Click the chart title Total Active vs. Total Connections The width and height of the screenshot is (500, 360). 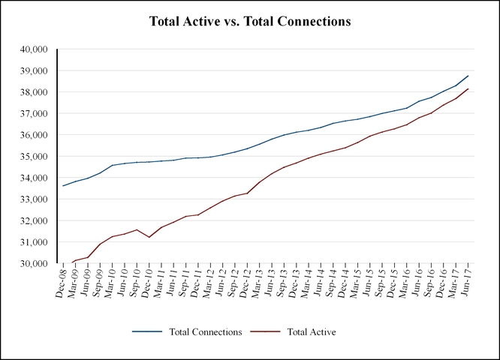point(250,22)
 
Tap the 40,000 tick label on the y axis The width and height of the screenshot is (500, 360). point(33,49)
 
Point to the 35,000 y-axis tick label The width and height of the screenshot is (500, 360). point(33,157)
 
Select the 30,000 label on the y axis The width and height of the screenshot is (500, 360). point(33,264)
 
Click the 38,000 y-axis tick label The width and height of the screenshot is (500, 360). point(33,92)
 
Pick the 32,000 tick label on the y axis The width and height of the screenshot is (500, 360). point(33,221)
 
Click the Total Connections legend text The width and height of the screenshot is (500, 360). point(204,331)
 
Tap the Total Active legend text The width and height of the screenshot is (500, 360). point(312,331)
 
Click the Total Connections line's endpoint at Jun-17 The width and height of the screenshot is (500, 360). point(468,76)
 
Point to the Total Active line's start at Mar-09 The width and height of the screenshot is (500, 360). point(74,260)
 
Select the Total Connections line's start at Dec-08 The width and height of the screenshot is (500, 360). point(63,185)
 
